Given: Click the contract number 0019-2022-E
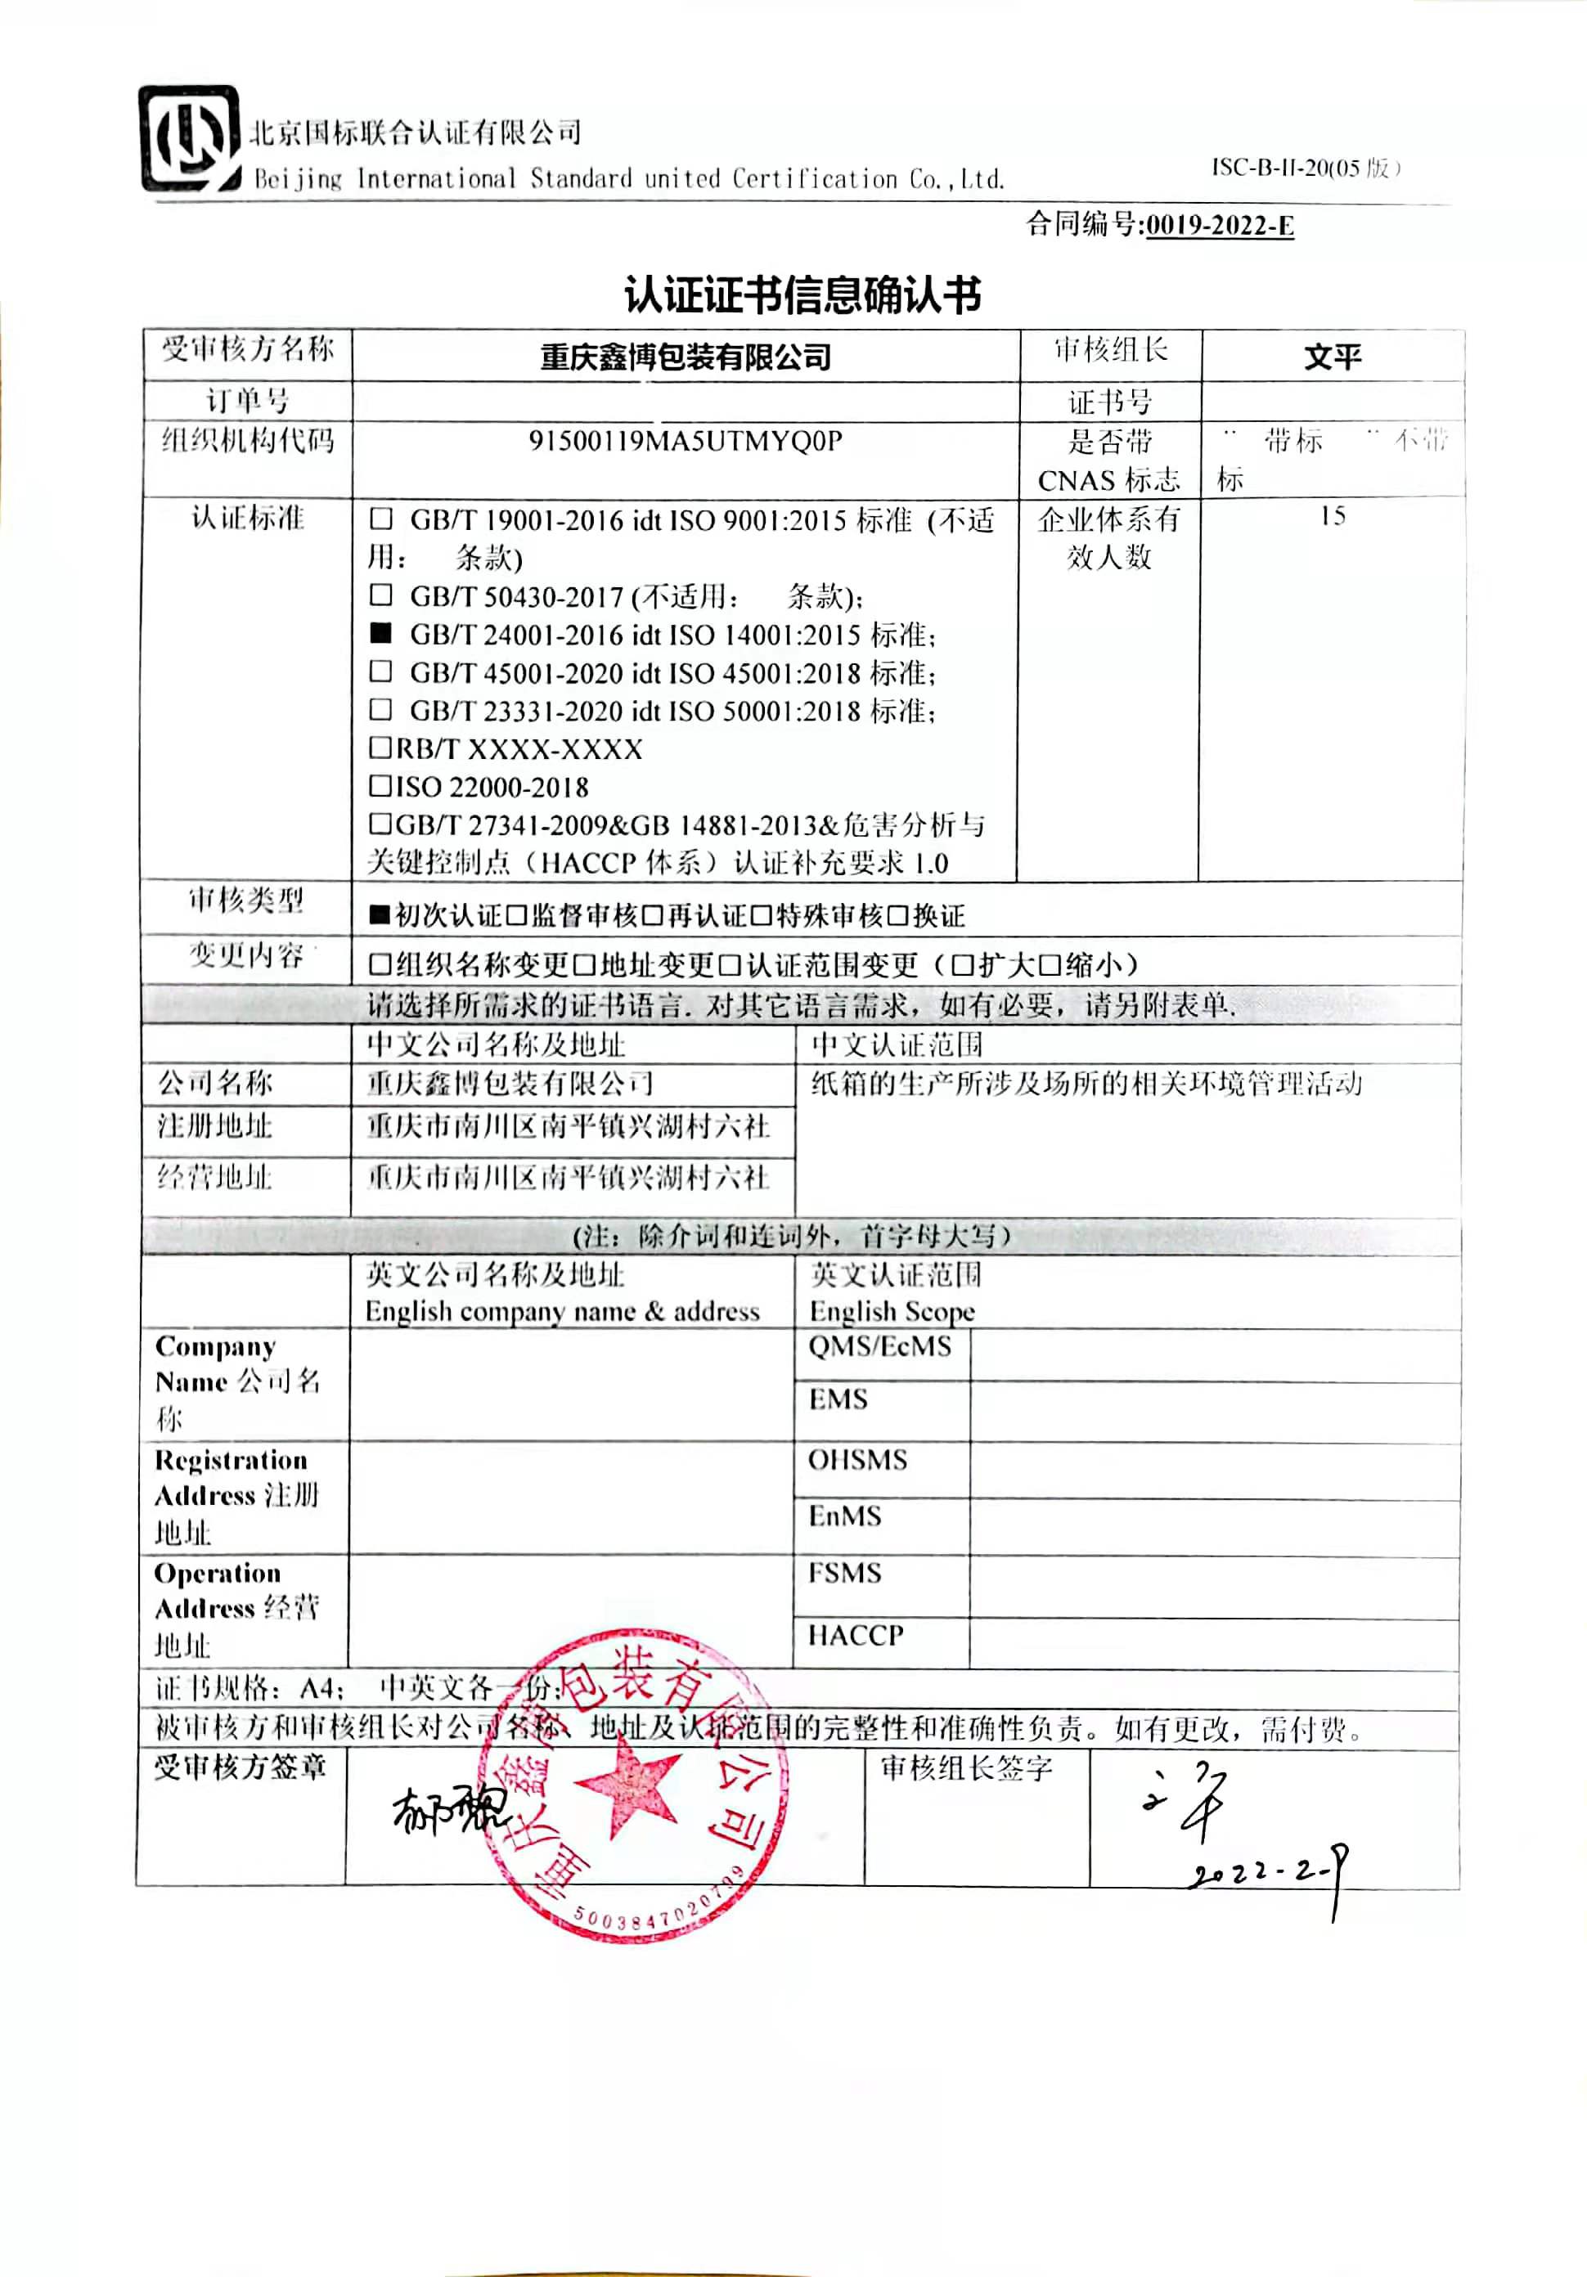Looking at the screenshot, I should coord(1219,226).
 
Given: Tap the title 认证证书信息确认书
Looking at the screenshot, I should coord(802,294).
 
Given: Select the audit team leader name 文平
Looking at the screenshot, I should coord(1331,356).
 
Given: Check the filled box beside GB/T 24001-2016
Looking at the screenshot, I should coord(381,634).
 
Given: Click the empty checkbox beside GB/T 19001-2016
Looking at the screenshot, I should coord(381,519).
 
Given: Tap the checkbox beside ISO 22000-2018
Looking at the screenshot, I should coord(380,787).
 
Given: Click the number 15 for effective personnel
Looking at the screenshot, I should coord(1331,516).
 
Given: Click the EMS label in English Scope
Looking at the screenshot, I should coord(838,1399).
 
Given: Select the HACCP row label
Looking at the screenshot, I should coord(855,1635).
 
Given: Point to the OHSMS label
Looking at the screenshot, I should coord(857,1460).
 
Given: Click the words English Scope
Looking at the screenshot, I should coord(892,1311).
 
